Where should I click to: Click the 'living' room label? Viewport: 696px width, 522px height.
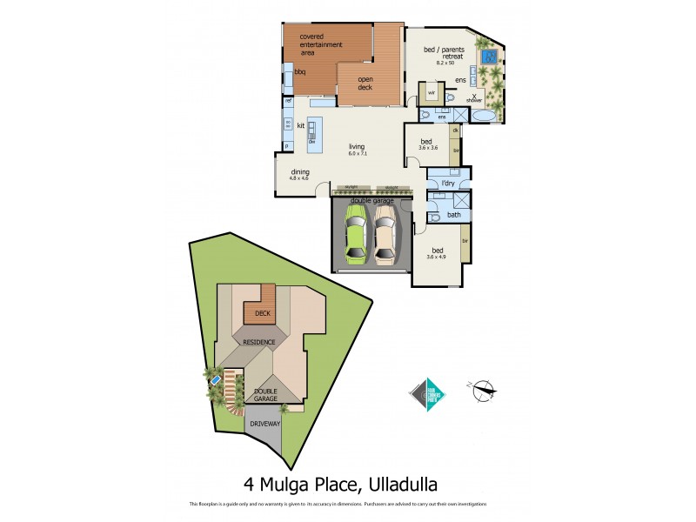click(x=357, y=146)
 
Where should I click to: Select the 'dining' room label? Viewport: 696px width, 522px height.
click(x=299, y=171)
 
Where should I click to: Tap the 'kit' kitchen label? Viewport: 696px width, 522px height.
click(x=300, y=126)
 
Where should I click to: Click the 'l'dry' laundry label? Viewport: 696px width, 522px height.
click(x=449, y=184)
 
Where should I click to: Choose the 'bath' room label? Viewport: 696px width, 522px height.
click(x=453, y=214)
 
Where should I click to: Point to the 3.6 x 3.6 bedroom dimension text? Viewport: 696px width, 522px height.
click(x=429, y=148)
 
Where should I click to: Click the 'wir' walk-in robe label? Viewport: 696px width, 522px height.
click(x=431, y=92)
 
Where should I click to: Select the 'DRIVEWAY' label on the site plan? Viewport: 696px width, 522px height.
click(x=264, y=424)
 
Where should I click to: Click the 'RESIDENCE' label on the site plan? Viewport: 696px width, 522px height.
click(x=259, y=343)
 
